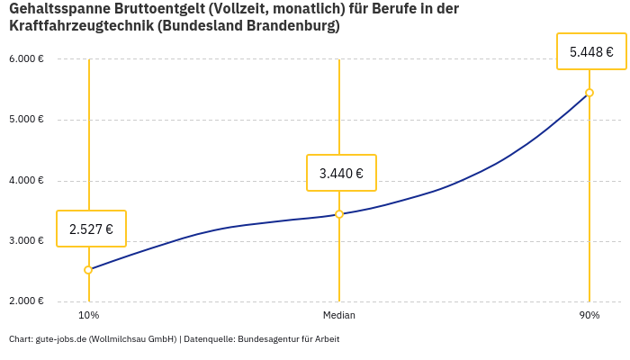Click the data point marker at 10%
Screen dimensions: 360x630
click(88, 270)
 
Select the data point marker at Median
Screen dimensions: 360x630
click(339, 214)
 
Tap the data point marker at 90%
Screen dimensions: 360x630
click(589, 93)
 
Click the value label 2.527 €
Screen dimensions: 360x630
click(91, 229)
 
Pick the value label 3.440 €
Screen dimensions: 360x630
click(341, 174)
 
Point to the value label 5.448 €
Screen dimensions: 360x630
click(591, 52)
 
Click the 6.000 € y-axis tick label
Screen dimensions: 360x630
click(26, 59)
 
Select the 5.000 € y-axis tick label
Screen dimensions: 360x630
click(26, 120)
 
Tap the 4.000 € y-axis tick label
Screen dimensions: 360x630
click(26, 180)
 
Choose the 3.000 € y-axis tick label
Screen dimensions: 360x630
click(26, 241)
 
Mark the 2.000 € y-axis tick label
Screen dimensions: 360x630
click(26, 301)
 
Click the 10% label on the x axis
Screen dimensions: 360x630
click(88, 316)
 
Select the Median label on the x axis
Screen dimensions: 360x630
click(339, 316)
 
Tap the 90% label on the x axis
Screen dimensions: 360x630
click(589, 316)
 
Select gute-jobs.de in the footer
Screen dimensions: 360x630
click(61, 339)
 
